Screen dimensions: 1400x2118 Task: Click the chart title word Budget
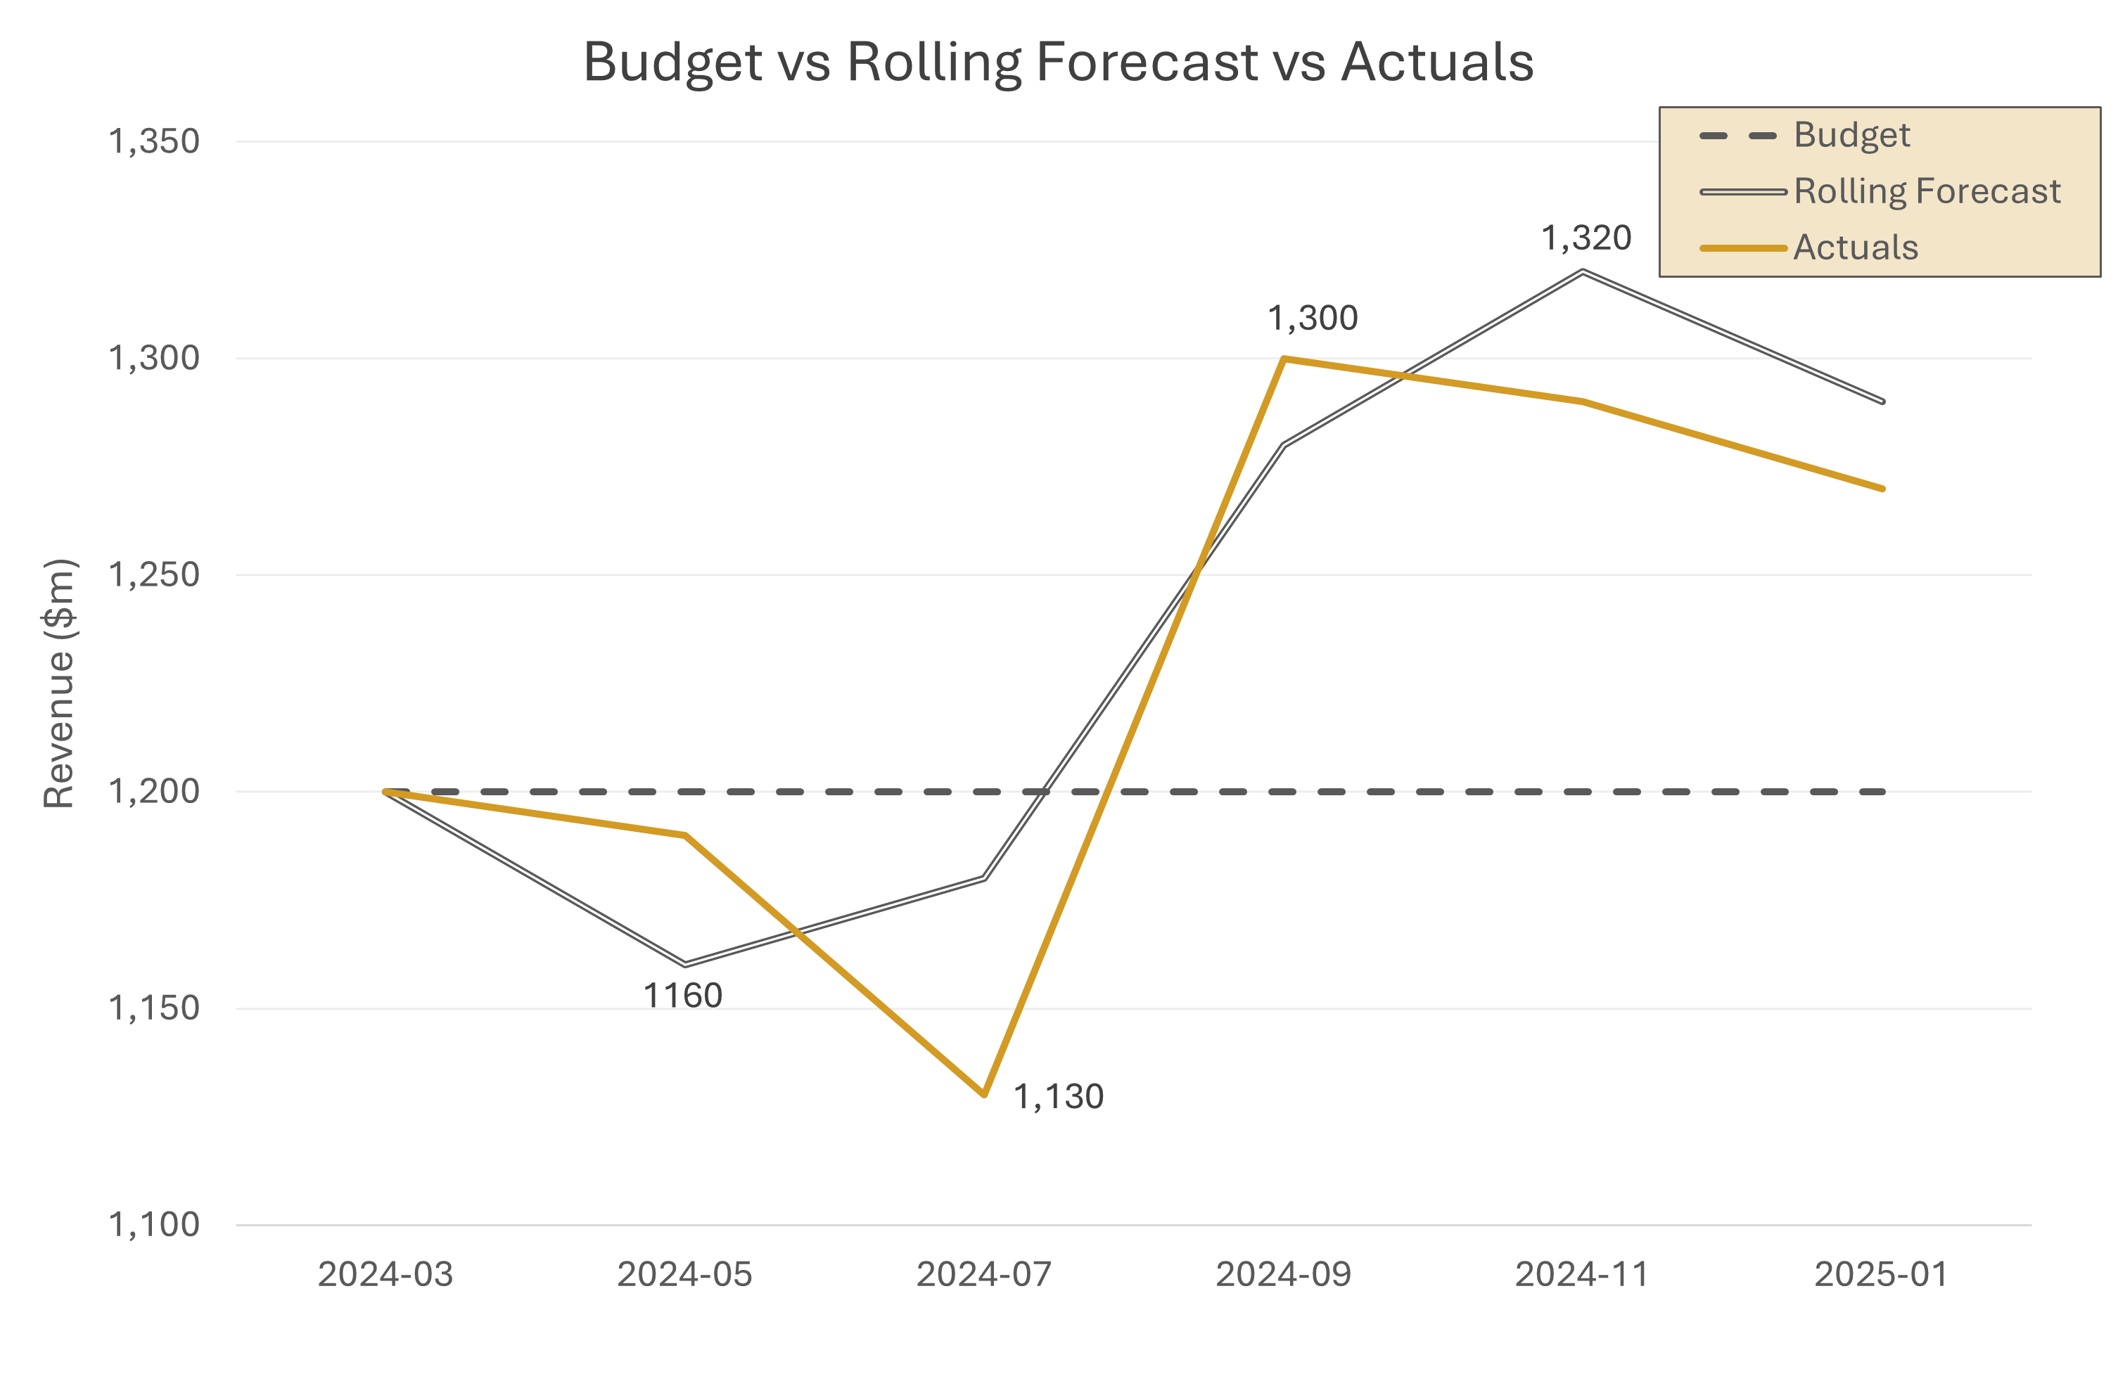672,63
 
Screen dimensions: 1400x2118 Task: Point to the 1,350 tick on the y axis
153,141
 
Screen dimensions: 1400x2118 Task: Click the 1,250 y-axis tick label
153,574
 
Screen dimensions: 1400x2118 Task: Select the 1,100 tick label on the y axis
153,1224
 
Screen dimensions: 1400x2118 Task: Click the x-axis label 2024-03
385,1274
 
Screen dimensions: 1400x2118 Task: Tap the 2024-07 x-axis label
983,1274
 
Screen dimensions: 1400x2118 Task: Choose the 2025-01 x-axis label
1882,1274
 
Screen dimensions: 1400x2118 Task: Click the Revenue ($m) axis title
59,683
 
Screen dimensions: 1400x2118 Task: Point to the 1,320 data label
1586,238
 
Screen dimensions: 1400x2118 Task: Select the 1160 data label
682,996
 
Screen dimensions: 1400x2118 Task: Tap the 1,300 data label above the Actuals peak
1313,318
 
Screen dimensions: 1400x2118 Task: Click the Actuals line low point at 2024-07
984,1093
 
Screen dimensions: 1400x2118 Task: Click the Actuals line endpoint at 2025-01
1882,489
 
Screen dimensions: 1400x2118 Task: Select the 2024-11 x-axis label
1581,1274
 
